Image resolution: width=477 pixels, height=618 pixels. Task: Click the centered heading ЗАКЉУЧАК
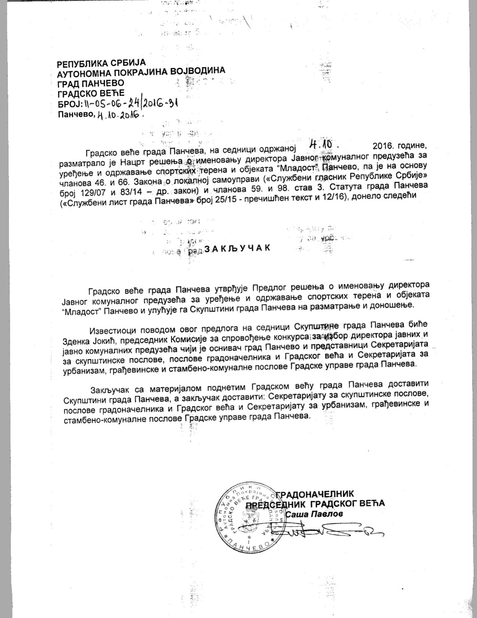tap(236, 249)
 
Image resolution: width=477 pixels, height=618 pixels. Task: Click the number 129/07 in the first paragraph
tap(92, 192)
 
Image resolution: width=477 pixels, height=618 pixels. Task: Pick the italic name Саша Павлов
tap(314, 514)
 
